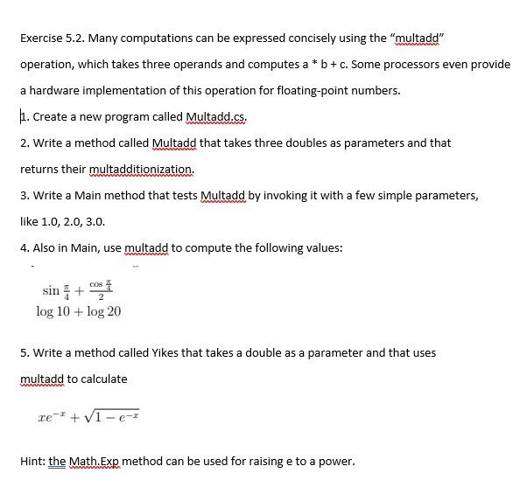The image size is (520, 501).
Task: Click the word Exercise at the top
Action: tap(43, 38)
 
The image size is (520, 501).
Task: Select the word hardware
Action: tap(56, 90)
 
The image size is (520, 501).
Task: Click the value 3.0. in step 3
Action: tap(104, 221)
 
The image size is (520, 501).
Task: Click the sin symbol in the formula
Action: tap(51, 290)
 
